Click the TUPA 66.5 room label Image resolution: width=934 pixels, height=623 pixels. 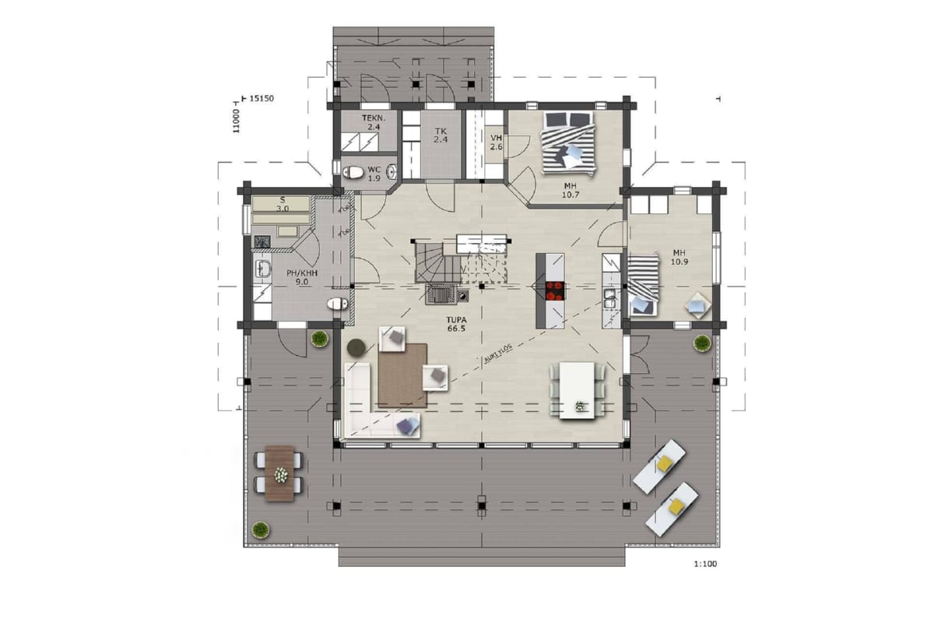pos(456,324)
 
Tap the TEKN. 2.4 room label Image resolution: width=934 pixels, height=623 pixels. pos(374,122)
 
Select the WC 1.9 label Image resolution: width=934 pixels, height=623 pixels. pos(374,174)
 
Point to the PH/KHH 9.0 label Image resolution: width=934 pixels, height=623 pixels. pos(302,277)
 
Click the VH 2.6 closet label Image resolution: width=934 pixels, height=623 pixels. pos(497,143)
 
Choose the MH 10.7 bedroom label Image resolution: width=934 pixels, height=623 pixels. pos(571,190)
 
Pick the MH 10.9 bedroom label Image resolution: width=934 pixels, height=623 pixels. pos(679,258)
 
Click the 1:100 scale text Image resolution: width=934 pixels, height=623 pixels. pos(705,564)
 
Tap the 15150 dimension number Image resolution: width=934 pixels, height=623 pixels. pos(262,98)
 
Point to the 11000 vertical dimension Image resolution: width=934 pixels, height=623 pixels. pos(236,121)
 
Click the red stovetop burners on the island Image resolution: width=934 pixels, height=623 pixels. pos(554,290)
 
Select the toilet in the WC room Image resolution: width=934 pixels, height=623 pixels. pos(354,172)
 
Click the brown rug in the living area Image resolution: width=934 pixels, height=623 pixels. pos(402,375)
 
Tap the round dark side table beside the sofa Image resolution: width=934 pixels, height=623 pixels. pos(356,347)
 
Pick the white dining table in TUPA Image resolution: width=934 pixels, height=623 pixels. pos(577,390)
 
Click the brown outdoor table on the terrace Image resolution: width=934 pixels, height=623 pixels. pos(279,473)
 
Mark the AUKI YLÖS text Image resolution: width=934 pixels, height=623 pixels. pos(498,354)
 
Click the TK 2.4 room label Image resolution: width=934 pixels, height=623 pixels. pos(441,136)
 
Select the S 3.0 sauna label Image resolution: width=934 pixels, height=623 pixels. pos(283,205)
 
